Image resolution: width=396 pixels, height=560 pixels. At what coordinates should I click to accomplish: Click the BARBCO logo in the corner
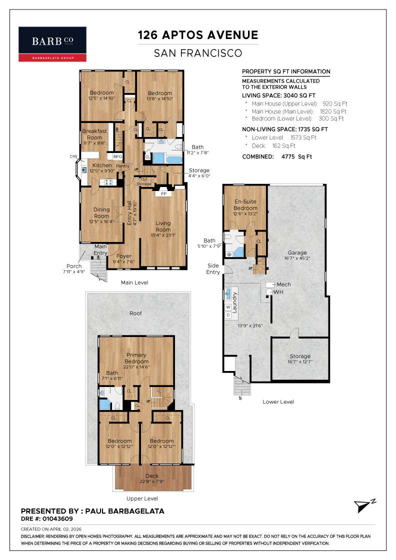pos(52,44)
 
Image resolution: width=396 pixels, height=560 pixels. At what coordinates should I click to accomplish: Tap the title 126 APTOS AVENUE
pos(198,35)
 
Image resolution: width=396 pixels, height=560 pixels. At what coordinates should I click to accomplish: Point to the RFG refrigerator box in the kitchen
pos(117,156)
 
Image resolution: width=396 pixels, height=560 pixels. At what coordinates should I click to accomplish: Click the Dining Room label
pos(101,213)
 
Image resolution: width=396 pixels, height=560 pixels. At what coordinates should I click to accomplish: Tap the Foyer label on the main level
pos(123,256)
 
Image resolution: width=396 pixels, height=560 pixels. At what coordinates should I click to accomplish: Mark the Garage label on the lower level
pos(297,252)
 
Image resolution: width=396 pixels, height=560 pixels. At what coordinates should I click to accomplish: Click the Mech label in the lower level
pos(283,284)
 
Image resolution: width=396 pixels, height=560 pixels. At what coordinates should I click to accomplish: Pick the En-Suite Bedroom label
pos(245,205)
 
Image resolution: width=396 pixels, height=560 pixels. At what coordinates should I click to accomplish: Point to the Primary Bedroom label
pos(136,358)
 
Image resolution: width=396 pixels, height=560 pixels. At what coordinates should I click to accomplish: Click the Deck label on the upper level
pos(152,475)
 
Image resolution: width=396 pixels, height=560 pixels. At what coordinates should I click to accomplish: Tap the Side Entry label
pos(212,268)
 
